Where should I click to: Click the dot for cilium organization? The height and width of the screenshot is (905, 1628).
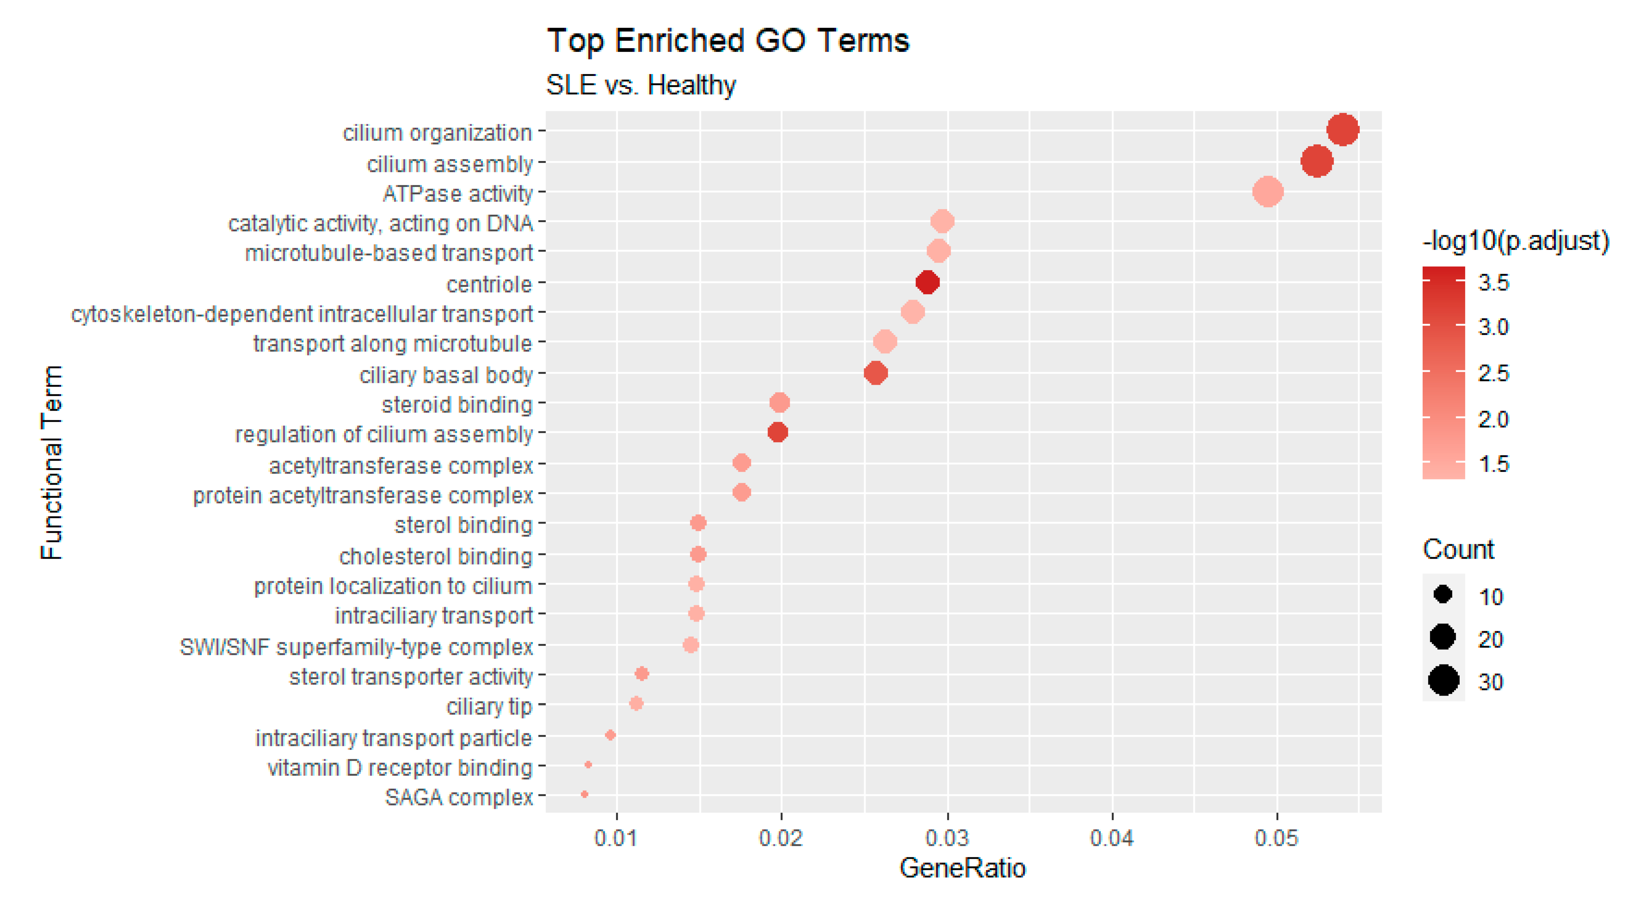(x=1342, y=130)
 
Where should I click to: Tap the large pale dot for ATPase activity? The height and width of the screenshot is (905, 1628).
(x=1267, y=192)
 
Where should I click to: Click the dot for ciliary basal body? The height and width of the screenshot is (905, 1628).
(x=875, y=373)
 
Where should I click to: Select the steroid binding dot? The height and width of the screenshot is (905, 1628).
(x=779, y=403)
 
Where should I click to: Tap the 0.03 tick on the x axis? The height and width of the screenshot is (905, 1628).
(x=947, y=838)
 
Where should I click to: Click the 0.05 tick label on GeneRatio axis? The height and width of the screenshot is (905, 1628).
(x=1277, y=838)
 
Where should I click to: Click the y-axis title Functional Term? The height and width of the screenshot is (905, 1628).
(x=52, y=462)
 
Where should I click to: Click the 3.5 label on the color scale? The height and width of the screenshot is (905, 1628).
(x=1493, y=283)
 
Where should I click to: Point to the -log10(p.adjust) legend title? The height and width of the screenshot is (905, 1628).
(x=1515, y=241)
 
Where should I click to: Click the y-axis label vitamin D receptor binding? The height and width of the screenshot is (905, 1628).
(x=400, y=768)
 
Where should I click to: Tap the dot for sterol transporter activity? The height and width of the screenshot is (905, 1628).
(x=641, y=674)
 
